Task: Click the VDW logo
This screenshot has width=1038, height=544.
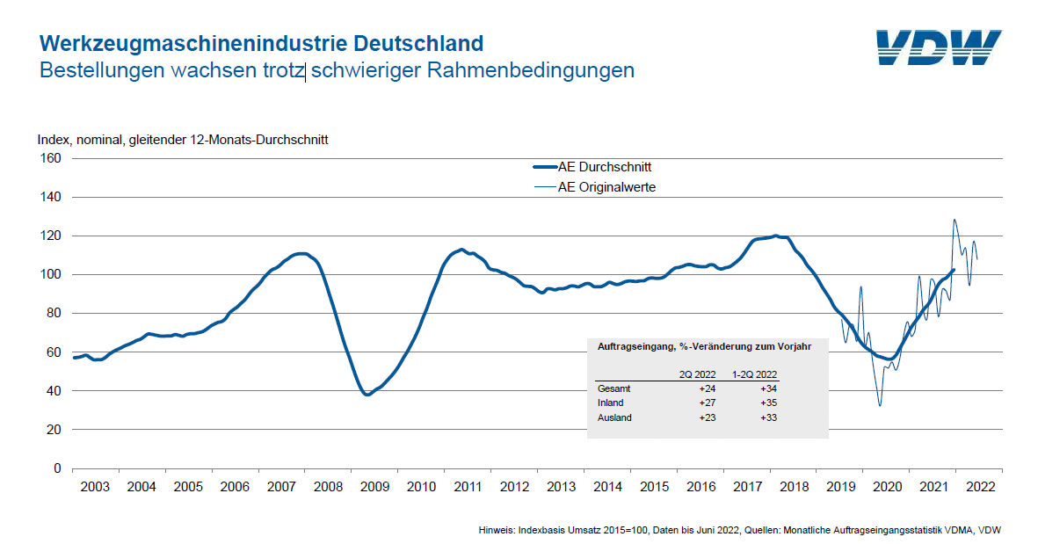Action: [x=938, y=47]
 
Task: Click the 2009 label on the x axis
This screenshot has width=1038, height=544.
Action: [x=375, y=486]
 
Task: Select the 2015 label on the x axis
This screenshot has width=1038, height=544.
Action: [x=654, y=486]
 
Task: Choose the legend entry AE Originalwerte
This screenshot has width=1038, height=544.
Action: [x=606, y=186]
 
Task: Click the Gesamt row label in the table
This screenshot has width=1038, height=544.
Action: [x=613, y=388]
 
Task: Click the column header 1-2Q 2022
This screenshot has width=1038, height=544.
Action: [x=756, y=374]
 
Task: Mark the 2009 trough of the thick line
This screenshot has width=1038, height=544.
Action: [x=367, y=395]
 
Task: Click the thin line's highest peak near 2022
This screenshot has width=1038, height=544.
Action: [x=955, y=220]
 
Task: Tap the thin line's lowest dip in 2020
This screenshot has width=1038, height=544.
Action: [x=879, y=405]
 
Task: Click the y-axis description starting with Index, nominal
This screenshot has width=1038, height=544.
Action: [x=183, y=140]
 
